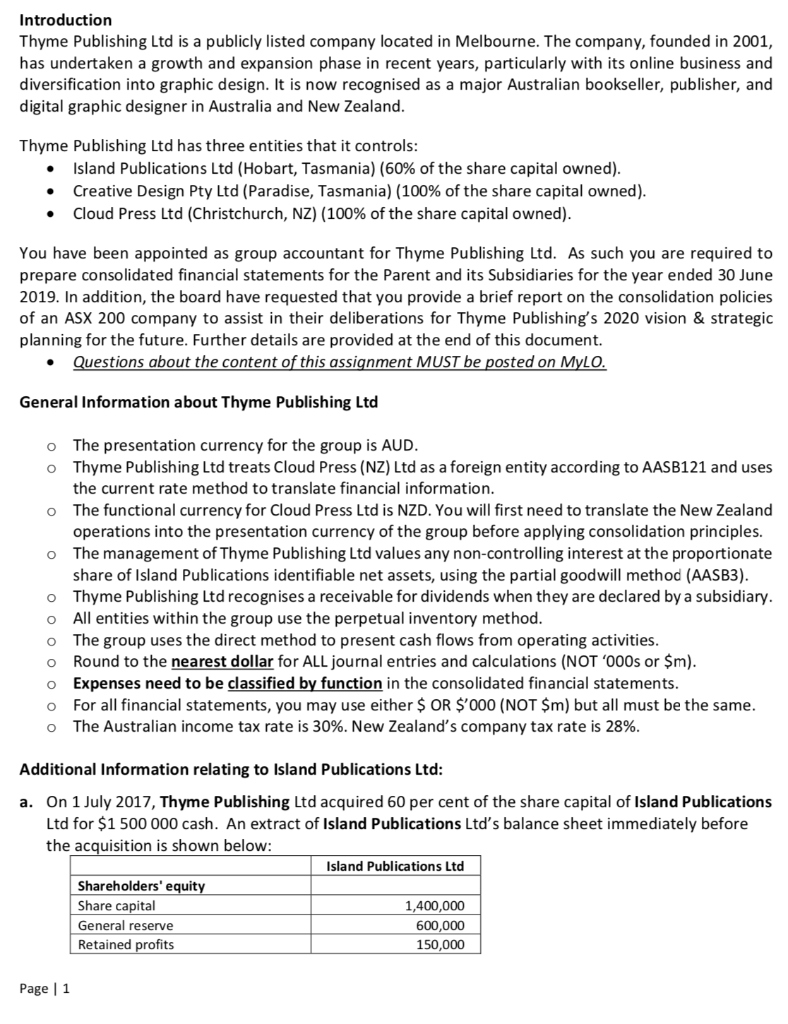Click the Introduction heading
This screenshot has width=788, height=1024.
point(66,20)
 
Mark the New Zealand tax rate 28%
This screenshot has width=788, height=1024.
point(617,727)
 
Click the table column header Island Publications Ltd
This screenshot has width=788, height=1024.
point(395,865)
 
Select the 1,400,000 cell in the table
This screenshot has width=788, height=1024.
point(433,906)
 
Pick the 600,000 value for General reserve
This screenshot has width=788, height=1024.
point(440,925)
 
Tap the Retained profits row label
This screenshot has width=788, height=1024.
point(126,945)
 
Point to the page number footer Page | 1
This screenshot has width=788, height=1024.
point(44,990)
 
